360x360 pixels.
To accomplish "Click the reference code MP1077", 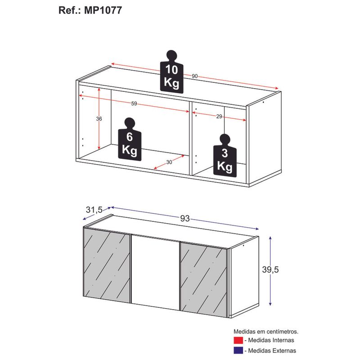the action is (103, 10).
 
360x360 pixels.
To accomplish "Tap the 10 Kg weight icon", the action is (171, 72).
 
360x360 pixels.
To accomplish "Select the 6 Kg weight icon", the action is (130, 139).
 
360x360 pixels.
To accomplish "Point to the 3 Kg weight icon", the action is (225, 155).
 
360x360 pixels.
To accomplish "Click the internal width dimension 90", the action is (195, 76).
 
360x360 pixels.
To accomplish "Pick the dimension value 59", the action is (134, 103).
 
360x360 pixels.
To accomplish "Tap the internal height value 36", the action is (99, 119).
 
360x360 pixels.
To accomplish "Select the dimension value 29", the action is (219, 117).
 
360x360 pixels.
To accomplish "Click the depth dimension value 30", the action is (169, 162).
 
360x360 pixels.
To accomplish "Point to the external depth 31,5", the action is (94, 209).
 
